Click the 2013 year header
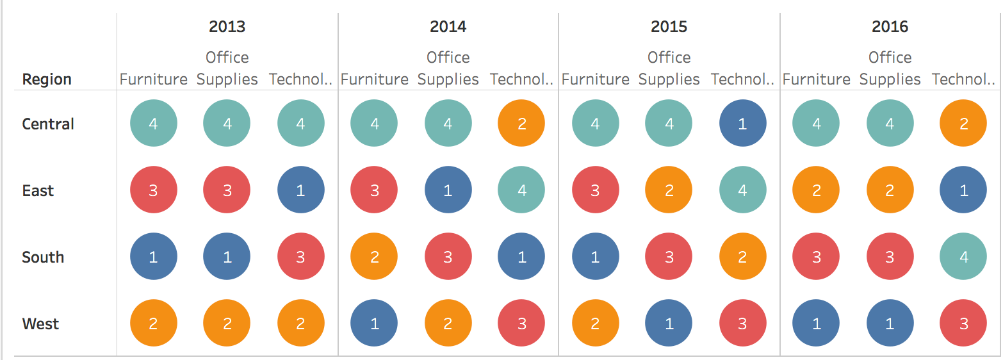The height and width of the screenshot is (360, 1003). (x=227, y=27)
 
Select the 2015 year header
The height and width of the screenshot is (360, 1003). (x=669, y=27)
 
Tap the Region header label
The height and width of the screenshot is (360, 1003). (x=47, y=79)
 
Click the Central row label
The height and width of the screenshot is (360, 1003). (x=48, y=124)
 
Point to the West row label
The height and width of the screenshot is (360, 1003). (x=40, y=323)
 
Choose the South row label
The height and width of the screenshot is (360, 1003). (x=43, y=257)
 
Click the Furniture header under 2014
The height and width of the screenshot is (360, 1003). (x=375, y=79)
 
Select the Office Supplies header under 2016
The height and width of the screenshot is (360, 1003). (x=890, y=69)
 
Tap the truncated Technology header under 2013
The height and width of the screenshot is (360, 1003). (x=301, y=79)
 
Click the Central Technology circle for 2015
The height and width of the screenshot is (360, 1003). (x=742, y=124)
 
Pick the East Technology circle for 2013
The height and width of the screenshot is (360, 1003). (x=301, y=190)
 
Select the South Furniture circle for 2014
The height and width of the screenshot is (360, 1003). (x=375, y=257)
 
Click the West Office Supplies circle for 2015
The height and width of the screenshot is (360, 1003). (x=669, y=323)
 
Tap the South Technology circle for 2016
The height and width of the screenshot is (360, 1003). (x=963, y=257)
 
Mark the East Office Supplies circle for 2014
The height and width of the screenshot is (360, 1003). (x=448, y=190)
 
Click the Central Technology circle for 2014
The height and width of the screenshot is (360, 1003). (x=521, y=124)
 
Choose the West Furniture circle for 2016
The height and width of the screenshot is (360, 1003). (x=816, y=323)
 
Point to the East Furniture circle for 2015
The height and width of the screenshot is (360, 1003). (x=595, y=190)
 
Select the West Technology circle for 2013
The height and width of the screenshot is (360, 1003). (x=301, y=323)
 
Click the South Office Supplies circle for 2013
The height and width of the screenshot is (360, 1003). (x=227, y=257)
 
